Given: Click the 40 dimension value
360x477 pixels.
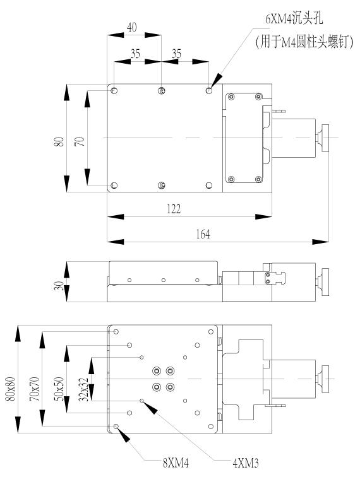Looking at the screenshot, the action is (x=131, y=28).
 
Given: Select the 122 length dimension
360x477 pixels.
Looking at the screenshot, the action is (x=174, y=209).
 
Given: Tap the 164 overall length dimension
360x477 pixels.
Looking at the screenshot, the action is (x=203, y=234).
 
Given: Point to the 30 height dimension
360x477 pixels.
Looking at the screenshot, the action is (x=60, y=286).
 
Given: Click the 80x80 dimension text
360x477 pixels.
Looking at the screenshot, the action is (x=11, y=389).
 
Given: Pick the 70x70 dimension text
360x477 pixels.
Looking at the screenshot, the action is (x=35, y=389).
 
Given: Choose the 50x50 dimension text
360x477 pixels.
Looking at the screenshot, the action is (x=59, y=389).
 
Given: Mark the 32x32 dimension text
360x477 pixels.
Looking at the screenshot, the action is (x=83, y=390).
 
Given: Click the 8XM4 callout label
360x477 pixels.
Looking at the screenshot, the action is (x=176, y=463).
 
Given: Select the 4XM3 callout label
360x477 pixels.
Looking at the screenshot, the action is (x=246, y=463).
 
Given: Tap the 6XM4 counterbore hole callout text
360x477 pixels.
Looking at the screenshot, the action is (x=294, y=19).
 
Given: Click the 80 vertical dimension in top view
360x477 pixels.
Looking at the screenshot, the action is (x=60, y=142).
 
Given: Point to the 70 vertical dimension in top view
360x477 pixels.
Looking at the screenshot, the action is (x=80, y=142).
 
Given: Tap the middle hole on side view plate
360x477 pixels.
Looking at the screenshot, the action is (x=164, y=280).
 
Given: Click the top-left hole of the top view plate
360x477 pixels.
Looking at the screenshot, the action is (x=114, y=91).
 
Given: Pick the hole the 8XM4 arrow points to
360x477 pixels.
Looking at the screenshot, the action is (x=116, y=427).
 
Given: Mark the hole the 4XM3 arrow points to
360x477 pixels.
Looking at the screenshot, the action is (x=141, y=401).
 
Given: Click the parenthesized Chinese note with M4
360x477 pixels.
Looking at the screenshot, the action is (x=304, y=42).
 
